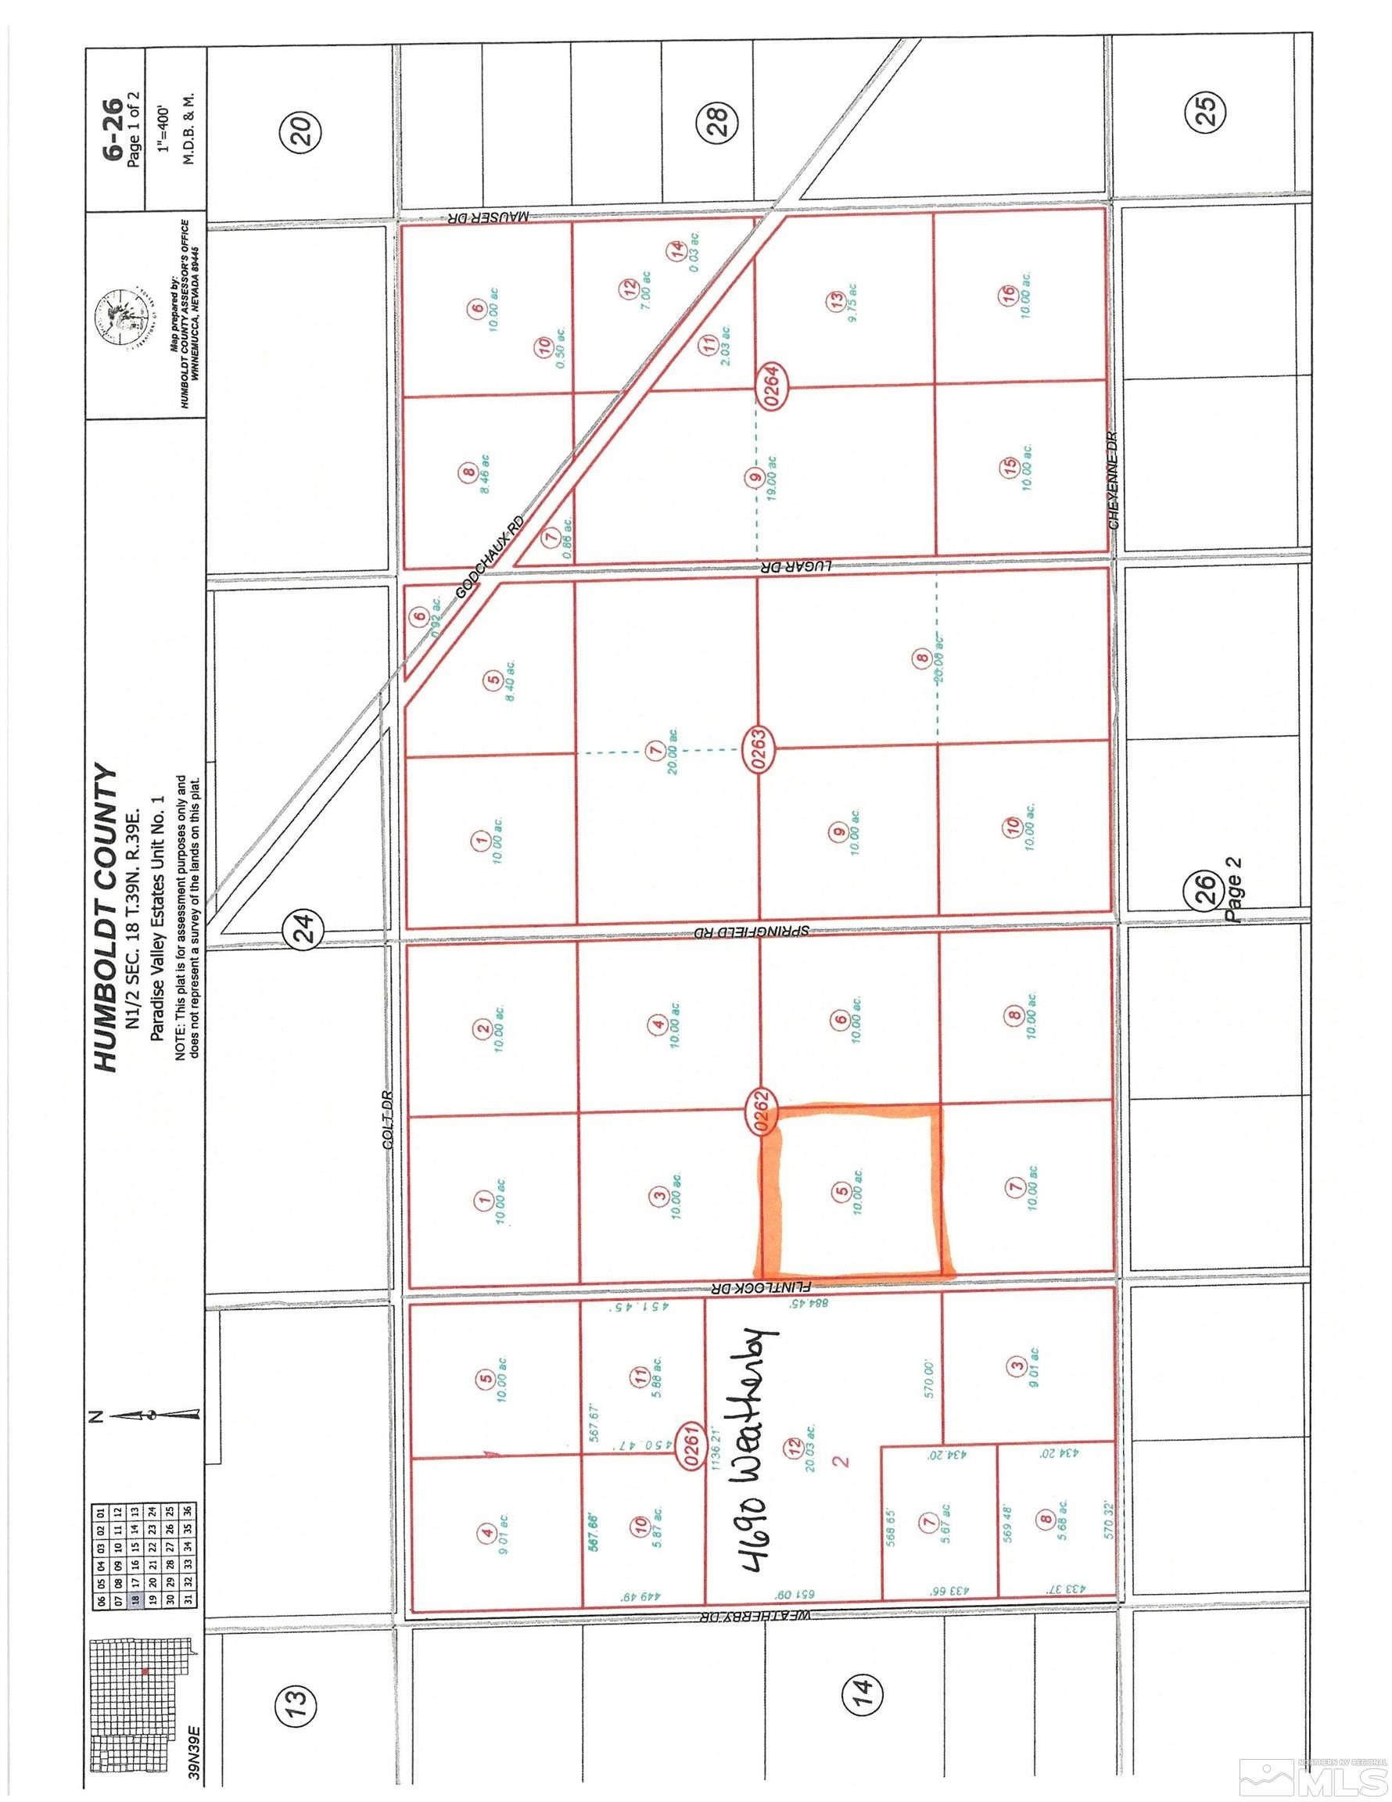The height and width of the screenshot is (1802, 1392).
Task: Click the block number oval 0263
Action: click(760, 749)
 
